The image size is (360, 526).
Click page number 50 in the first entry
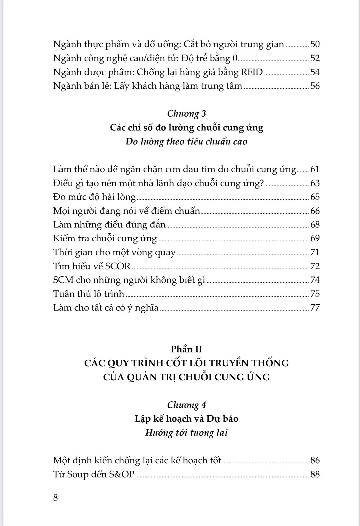[x=315, y=44]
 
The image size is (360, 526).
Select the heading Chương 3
[x=187, y=113]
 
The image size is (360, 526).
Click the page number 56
[x=315, y=86]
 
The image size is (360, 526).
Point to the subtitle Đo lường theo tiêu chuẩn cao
[x=187, y=141]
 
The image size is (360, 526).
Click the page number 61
[x=315, y=169]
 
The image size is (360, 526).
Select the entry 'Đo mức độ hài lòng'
[x=94, y=197]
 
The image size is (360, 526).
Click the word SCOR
[x=118, y=266]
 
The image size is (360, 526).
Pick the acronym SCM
[x=63, y=280]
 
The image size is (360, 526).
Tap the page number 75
[x=315, y=294]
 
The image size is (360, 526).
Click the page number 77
[x=315, y=308]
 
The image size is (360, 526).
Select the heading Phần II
[x=187, y=349]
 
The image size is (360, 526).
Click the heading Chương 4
[x=187, y=405]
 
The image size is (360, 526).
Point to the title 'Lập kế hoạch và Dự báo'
[x=187, y=419]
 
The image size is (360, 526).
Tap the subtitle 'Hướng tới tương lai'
[x=187, y=432]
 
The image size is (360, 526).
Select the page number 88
[x=315, y=474]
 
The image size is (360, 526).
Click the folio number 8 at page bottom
[x=55, y=498]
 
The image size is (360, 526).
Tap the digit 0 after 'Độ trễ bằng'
[x=235, y=58]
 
